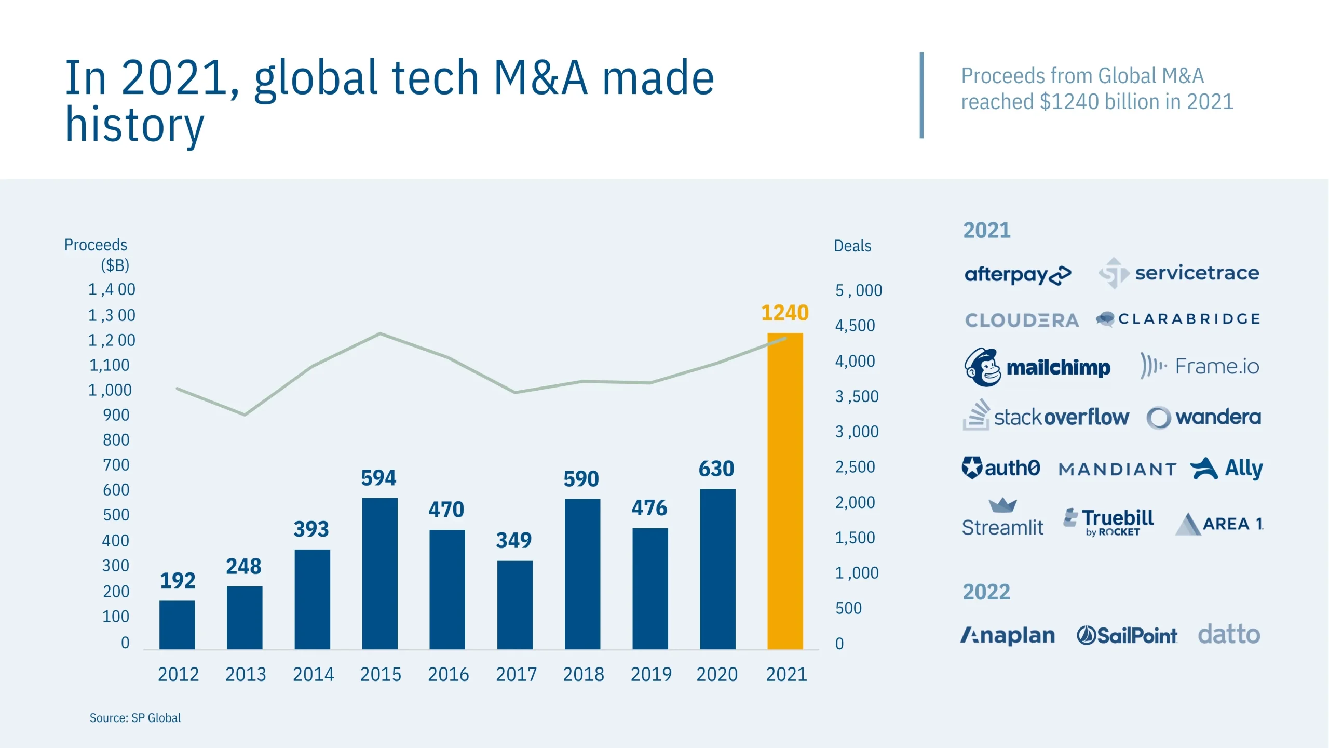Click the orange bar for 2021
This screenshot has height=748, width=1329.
[x=785, y=491]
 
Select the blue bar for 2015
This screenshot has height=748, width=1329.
[x=379, y=573]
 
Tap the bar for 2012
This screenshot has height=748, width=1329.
[x=177, y=625]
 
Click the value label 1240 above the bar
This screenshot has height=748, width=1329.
[x=784, y=313]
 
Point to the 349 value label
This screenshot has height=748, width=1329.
[x=513, y=540]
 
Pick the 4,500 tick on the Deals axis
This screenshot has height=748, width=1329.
[x=855, y=326]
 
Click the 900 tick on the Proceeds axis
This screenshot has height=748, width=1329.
[x=116, y=415]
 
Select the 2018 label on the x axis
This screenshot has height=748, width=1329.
[x=584, y=674]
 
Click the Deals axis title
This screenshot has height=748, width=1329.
[x=852, y=246]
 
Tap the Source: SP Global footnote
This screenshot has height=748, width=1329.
[x=135, y=718]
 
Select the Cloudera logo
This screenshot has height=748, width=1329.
[x=1022, y=320]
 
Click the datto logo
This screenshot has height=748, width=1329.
[x=1229, y=634]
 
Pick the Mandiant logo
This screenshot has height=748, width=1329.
[x=1117, y=470]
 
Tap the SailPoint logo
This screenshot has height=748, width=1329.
[x=1127, y=635]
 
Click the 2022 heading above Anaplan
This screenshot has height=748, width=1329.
[x=986, y=592]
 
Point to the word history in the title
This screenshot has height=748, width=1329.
[x=134, y=125]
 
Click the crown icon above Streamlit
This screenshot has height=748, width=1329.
[x=1002, y=505]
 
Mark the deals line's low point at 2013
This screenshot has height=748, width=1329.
[x=245, y=415]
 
